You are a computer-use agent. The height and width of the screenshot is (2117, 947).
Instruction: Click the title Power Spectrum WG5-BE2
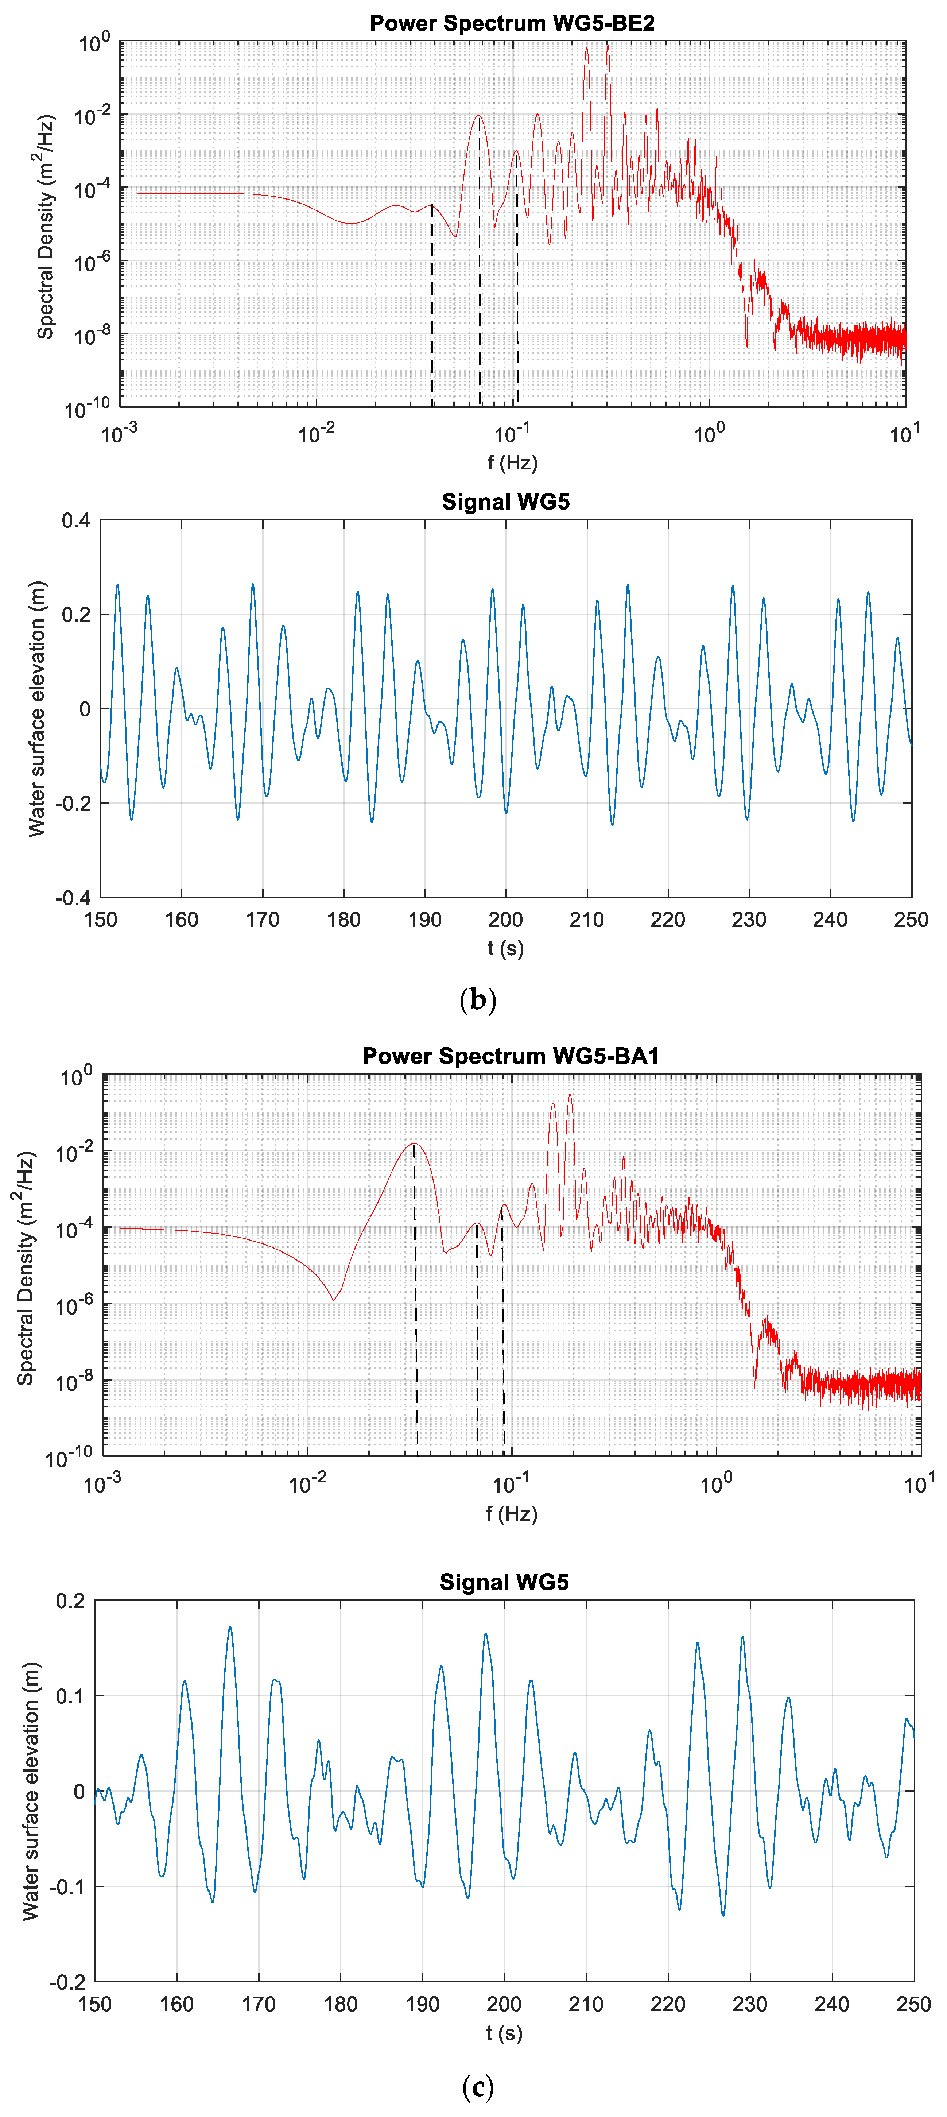click(512, 23)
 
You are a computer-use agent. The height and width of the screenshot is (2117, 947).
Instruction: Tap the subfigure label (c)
click(478, 2086)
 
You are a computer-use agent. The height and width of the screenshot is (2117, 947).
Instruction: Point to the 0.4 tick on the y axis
click(75, 521)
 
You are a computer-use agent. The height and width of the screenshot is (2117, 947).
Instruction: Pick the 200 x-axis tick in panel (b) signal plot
click(505, 920)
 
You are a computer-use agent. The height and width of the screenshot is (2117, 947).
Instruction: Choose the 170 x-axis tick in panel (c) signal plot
click(258, 2004)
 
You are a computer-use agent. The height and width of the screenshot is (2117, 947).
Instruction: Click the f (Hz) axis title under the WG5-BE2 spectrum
click(512, 463)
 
